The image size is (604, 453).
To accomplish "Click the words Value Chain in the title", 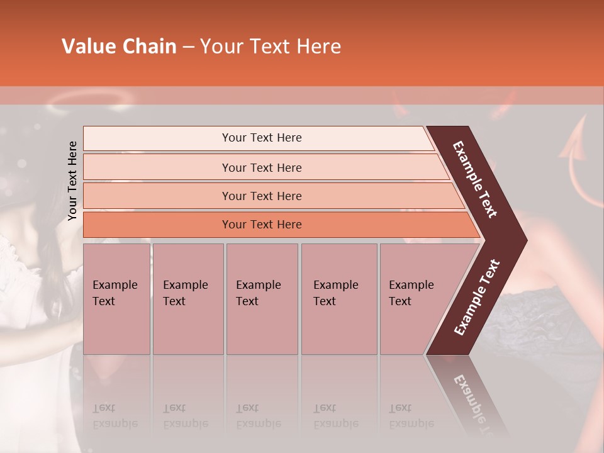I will coord(119,47).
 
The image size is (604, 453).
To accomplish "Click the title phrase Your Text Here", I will coord(271,47).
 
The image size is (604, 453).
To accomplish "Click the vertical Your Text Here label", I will coord(72,181).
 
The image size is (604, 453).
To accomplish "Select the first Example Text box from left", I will coord(116,298).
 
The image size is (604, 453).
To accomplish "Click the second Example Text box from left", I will coord(187,298).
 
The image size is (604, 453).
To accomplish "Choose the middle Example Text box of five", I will coord(262,298).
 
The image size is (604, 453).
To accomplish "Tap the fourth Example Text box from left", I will coord(338,298).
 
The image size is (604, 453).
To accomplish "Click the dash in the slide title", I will coord(188,47).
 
